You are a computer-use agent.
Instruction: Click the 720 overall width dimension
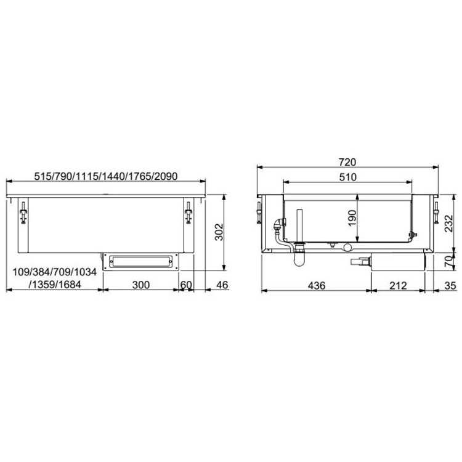347,162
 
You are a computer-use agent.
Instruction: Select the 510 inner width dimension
347,177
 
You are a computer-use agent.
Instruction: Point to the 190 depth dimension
352,218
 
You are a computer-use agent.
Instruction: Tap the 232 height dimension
448,224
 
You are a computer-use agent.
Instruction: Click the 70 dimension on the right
448,261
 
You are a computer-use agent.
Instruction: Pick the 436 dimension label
317,285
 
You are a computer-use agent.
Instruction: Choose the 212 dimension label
398,285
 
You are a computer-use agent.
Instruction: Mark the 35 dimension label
450,285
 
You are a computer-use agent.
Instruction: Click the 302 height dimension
219,232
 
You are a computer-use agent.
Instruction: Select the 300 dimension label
141,285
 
